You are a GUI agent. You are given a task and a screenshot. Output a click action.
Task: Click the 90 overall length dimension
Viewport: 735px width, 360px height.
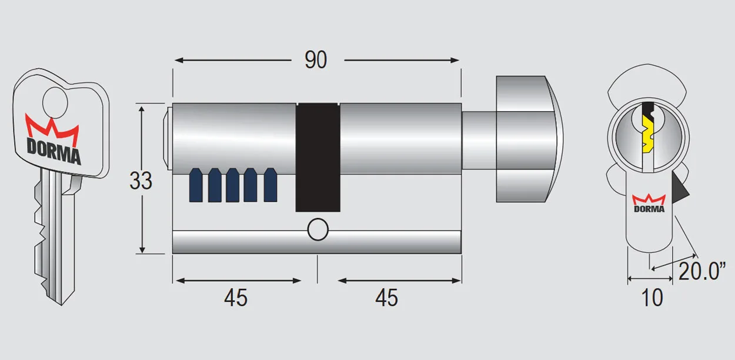316,60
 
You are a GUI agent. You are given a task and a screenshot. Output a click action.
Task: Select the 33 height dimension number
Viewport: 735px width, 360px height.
141,181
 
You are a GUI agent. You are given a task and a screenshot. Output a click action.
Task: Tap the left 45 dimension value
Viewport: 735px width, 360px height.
235,298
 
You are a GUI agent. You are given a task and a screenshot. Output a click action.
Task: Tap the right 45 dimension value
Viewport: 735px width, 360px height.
386,298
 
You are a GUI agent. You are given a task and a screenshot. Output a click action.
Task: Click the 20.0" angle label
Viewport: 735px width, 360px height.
703,272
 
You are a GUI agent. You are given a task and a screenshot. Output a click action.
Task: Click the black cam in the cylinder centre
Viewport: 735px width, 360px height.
318,158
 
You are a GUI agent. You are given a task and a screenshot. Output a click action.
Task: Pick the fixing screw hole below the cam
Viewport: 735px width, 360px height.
318,230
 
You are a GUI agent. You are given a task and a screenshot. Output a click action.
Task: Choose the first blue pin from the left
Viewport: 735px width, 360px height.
196,185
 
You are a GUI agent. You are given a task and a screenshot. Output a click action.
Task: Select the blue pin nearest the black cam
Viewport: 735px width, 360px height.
270,185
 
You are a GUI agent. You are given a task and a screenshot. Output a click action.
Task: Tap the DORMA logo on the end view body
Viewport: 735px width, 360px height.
649,204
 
